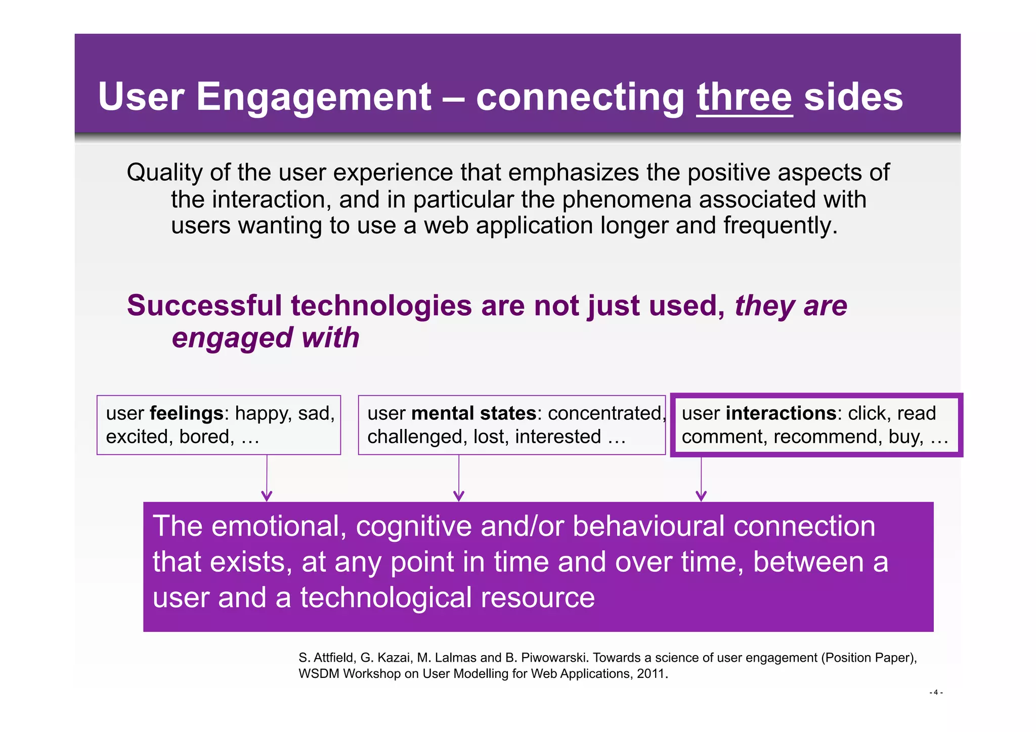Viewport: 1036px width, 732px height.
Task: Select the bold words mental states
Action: [x=473, y=413]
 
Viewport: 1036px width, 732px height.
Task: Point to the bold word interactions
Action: [x=781, y=413]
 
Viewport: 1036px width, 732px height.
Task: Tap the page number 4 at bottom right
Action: [x=936, y=692]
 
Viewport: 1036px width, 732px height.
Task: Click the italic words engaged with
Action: [x=266, y=337]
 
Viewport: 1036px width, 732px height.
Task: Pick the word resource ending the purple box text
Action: [x=537, y=597]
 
